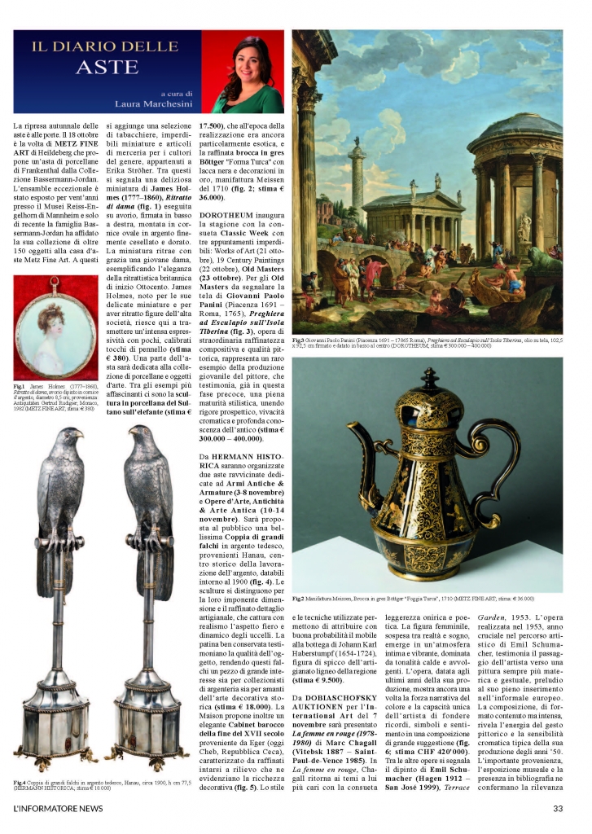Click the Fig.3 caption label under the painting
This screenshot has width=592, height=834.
pos(300,338)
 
